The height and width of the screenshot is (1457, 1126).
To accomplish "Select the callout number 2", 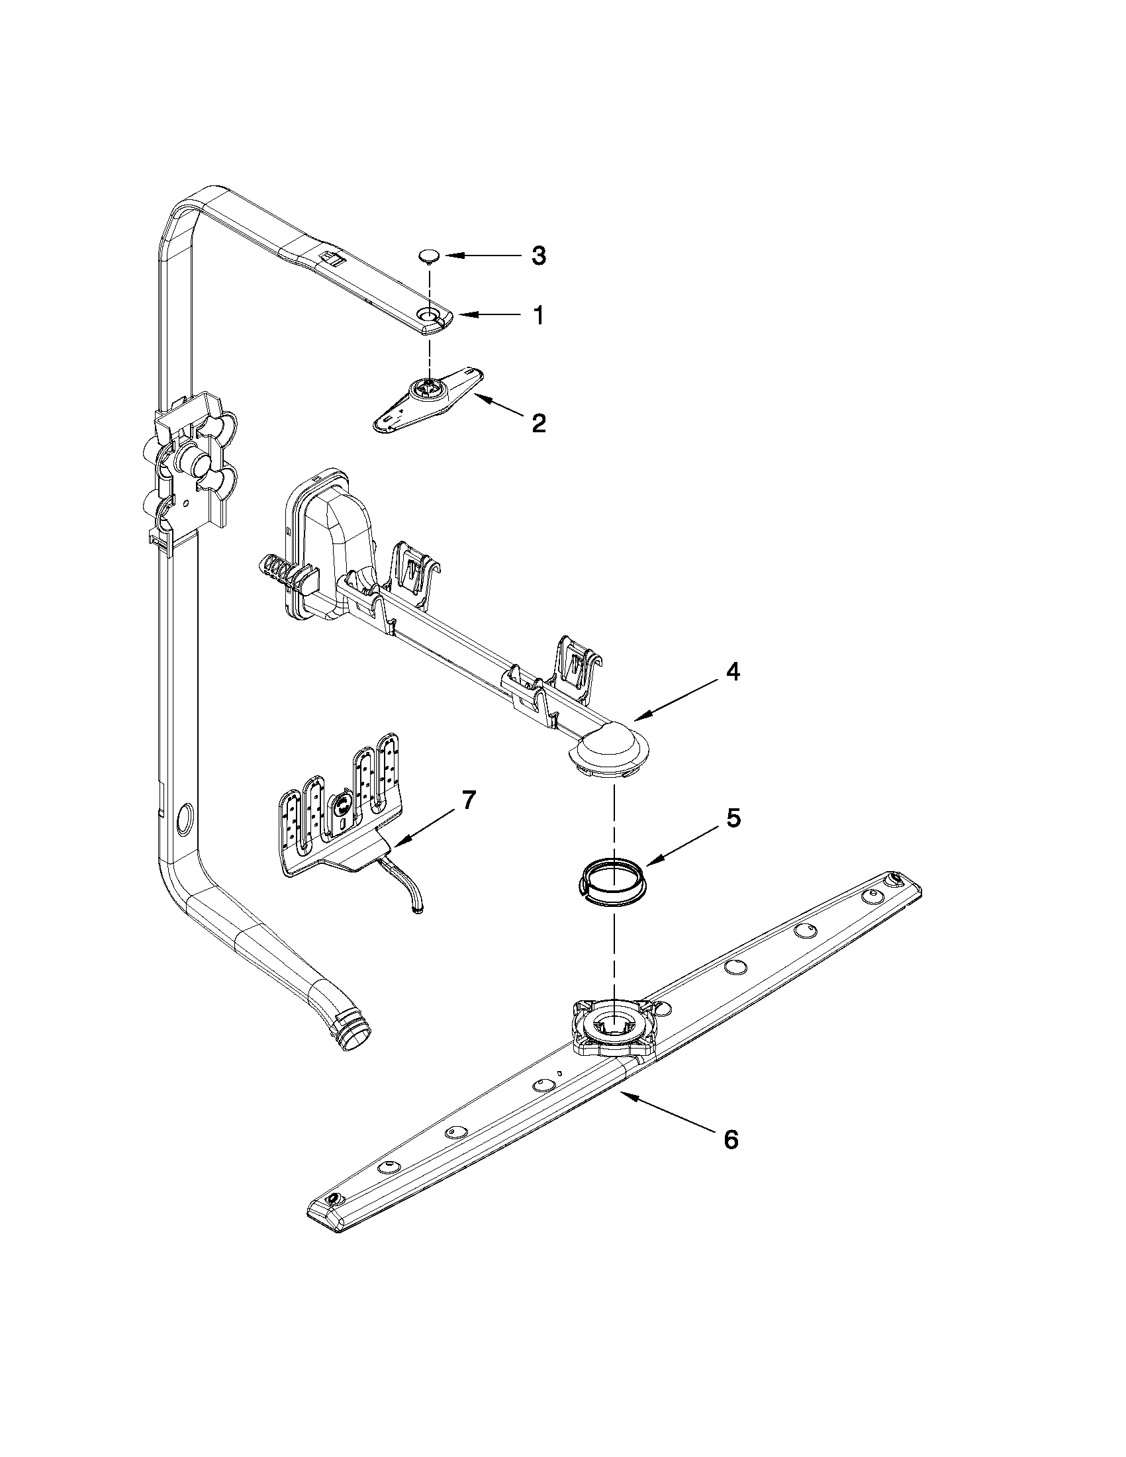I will [x=538, y=422].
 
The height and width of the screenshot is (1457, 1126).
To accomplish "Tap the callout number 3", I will [x=538, y=256].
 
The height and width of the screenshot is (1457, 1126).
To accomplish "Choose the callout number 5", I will [x=732, y=818].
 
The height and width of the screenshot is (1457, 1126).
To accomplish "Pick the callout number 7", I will [x=469, y=800].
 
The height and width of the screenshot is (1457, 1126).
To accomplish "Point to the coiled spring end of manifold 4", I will [x=275, y=571].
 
